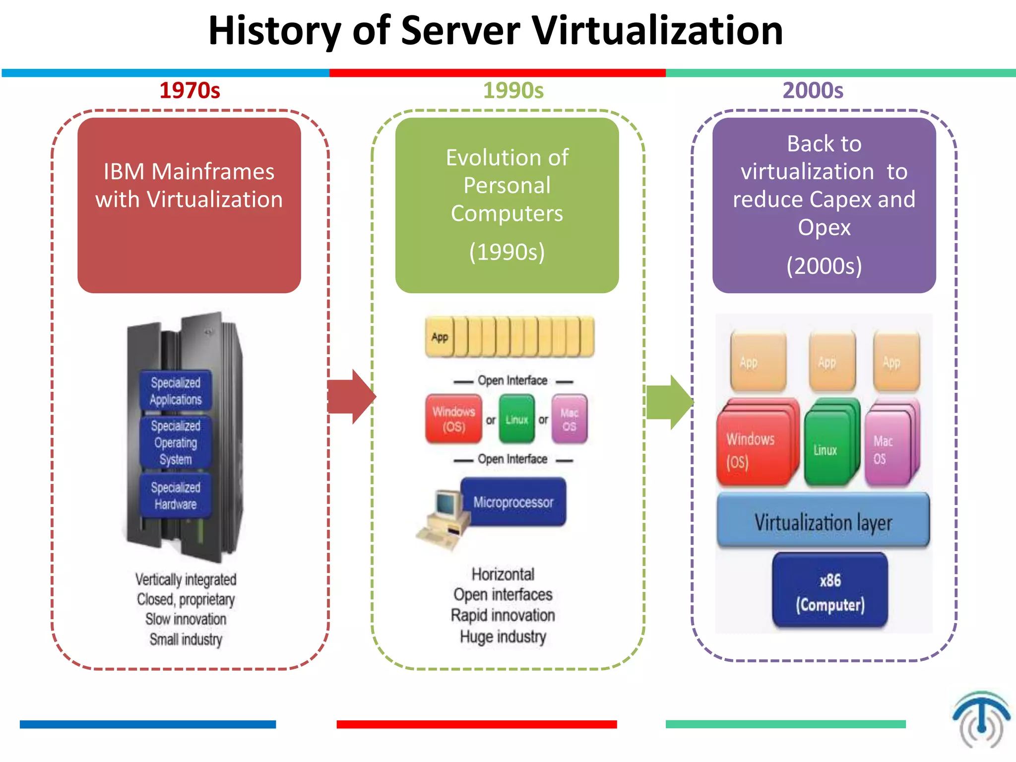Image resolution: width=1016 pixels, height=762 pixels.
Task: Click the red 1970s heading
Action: [x=190, y=90]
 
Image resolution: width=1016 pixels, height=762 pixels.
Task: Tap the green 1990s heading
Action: [x=513, y=90]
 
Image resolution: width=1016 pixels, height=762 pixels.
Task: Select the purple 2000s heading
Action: [x=813, y=90]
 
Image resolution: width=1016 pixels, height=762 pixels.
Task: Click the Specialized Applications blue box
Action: [x=176, y=391]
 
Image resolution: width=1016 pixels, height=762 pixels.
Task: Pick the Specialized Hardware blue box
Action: [x=176, y=496]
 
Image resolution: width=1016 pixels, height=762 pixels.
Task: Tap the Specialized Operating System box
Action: [x=176, y=442]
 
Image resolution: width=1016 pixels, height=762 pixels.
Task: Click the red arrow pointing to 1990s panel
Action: [x=351, y=396]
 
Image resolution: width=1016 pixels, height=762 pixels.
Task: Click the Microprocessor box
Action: [x=513, y=502]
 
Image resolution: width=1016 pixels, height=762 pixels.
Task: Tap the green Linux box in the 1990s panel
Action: [x=516, y=419]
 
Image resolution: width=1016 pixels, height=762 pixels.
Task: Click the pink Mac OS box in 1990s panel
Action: [x=569, y=419]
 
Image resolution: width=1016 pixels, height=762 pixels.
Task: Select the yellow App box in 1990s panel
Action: [x=440, y=337]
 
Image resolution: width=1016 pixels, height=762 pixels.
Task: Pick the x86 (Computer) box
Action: [x=830, y=591]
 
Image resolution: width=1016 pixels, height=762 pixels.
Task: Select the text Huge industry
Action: [x=503, y=636]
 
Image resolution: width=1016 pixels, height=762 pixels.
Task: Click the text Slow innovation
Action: [x=186, y=619]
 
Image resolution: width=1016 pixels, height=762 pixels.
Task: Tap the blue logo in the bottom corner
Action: [x=981, y=719]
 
